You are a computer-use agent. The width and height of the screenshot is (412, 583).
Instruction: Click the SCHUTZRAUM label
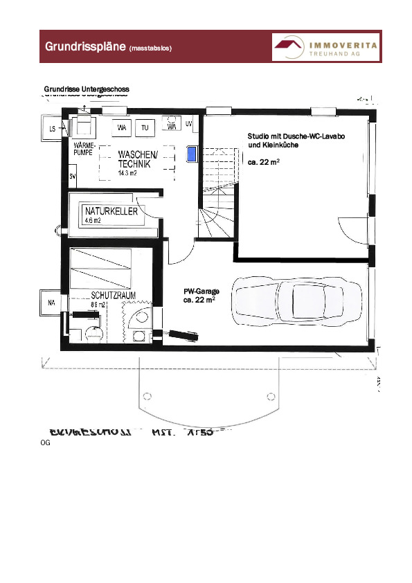click(113, 295)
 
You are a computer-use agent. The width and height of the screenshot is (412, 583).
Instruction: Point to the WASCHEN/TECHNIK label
click(137, 159)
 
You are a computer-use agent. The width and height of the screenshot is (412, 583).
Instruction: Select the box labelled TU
click(145, 128)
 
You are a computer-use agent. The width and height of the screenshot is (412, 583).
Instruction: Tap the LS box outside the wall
click(51, 129)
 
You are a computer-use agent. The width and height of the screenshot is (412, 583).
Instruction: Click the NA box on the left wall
click(51, 303)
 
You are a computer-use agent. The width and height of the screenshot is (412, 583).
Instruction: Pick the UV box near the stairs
click(188, 124)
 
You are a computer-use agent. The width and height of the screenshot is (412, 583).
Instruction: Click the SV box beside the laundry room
click(72, 177)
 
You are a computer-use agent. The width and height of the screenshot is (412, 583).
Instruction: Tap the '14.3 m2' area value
click(127, 174)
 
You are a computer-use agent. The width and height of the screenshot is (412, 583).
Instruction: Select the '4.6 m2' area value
click(93, 220)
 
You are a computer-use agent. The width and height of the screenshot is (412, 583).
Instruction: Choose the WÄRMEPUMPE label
click(84, 147)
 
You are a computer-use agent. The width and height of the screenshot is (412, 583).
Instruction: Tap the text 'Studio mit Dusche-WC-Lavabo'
click(296, 136)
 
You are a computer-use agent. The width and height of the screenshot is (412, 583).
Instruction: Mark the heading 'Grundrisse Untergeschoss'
click(87, 89)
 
